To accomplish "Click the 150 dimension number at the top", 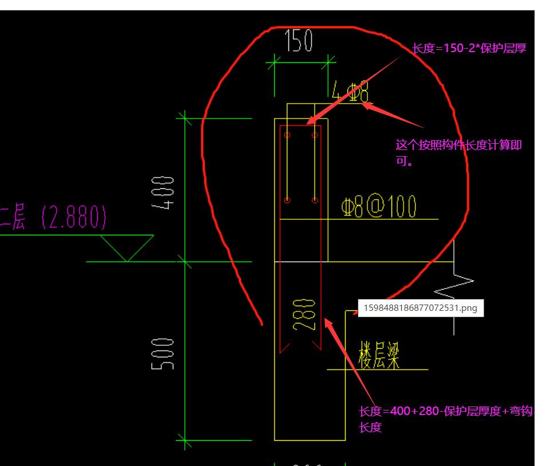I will point(299,41).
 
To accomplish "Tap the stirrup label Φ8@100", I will point(379,207).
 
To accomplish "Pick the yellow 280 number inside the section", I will point(303,315).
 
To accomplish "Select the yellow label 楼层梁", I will point(379,356).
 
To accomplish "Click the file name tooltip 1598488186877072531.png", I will point(420,308).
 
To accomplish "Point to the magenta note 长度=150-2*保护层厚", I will point(469,49).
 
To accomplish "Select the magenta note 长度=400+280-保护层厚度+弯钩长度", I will point(446,418).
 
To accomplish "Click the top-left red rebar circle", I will point(287,135).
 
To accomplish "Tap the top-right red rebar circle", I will point(315,135).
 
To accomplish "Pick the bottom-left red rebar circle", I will point(287,200).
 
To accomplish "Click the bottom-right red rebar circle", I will point(315,200).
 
